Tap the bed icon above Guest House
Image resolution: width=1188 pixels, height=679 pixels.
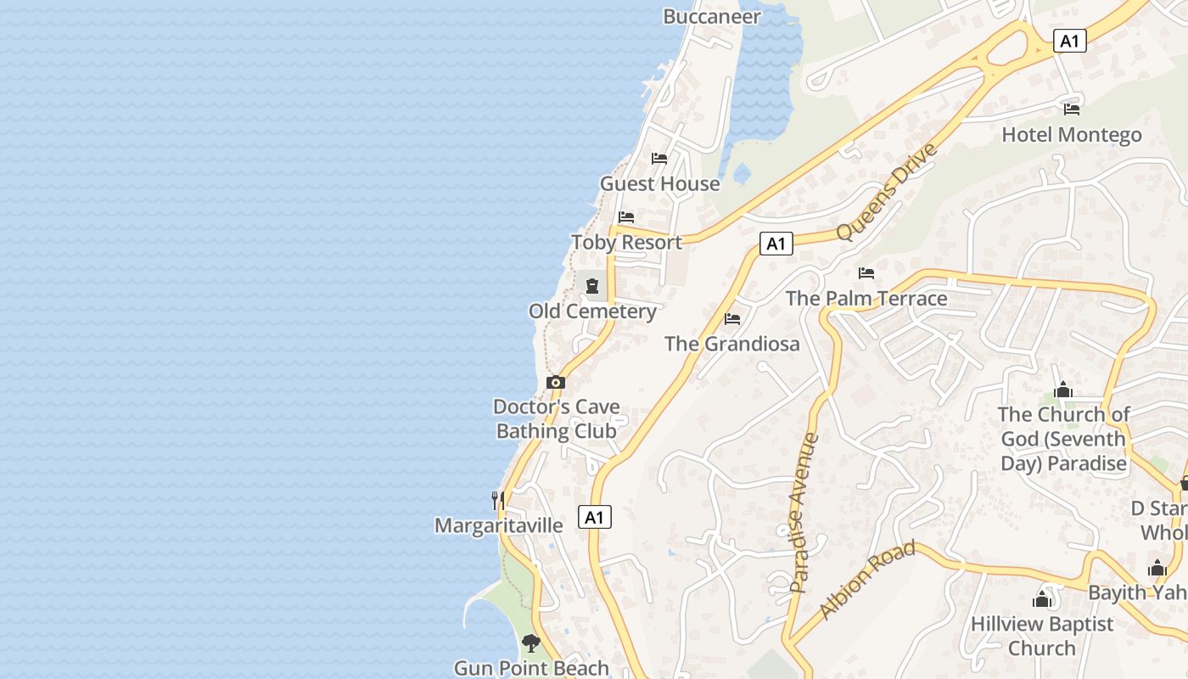pyautogui.click(x=659, y=158)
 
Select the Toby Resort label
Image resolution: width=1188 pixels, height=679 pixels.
pyautogui.click(x=626, y=242)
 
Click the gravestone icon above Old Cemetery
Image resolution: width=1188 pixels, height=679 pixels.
pyautogui.click(x=592, y=286)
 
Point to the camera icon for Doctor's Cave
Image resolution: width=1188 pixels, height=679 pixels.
pyautogui.click(x=556, y=382)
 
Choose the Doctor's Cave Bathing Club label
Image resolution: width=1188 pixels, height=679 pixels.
pyautogui.click(x=557, y=418)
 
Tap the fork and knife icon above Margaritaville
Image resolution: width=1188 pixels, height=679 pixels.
pyautogui.click(x=498, y=500)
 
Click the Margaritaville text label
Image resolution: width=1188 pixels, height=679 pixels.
pyautogui.click(x=498, y=525)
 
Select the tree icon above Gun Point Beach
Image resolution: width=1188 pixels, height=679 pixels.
pyautogui.click(x=531, y=643)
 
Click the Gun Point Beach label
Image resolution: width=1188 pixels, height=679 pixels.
pyautogui.click(x=531, y=668)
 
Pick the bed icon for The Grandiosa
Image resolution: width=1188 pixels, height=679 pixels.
pyautogui.click(x=732, y=319)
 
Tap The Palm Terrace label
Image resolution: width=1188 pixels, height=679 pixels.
pyautogui.click(x=866, y=298)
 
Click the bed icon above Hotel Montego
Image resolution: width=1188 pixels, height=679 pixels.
pyautogui.click(x=1072, y=109)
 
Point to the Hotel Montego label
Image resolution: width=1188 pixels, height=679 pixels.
pyautogui.click(x=1072, y=134)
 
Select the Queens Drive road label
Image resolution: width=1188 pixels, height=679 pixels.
pyautogui.click(x=887, y=192)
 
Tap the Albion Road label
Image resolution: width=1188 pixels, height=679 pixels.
pyautogui.click(x=867, y=579)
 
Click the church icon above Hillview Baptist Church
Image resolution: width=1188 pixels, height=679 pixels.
pyautogui.click(x=1042, y=599)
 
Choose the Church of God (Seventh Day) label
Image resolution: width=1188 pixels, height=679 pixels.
pyautogui.click(x=1064, y=438)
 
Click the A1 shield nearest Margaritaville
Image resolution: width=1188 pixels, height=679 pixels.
pyautogui.click(x=595, y=516)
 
